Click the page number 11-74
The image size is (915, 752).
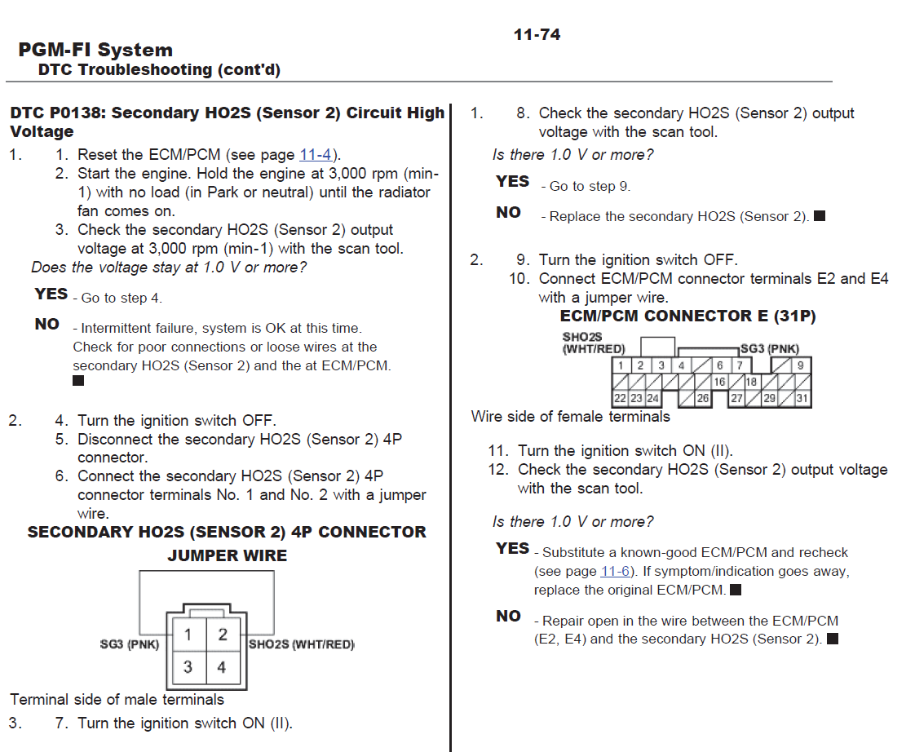(x=537, y=34)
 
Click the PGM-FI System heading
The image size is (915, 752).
(x=95, y=51)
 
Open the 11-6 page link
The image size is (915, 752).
(x=615, y=572)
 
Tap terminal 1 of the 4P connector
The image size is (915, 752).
(x=188, y=635)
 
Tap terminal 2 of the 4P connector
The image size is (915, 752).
(x=222, y=635)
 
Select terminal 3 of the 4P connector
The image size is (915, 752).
(x=188, y=667)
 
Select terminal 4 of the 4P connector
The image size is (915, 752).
(x=222, y=667)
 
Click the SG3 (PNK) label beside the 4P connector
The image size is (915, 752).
(x=129, y=644)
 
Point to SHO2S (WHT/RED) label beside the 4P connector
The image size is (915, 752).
(x=302, y=644)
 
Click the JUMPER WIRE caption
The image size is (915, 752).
(x=227, y=556)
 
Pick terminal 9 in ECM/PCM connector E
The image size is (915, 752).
(x=801, y=366)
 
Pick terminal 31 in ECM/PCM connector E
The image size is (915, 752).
(x=802, y=399)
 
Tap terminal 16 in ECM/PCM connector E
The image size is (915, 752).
(x=719, y=382)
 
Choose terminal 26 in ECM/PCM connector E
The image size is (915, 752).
(x=703, y=399)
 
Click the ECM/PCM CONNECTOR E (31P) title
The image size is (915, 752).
(x=687, y=316)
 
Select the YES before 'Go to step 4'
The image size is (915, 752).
(x=51, y=294)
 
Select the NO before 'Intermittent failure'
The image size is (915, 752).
(x=47, y=325)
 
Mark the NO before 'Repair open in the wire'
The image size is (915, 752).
(x=508, y=617)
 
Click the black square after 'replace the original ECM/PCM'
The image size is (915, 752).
(x=736, y=589)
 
